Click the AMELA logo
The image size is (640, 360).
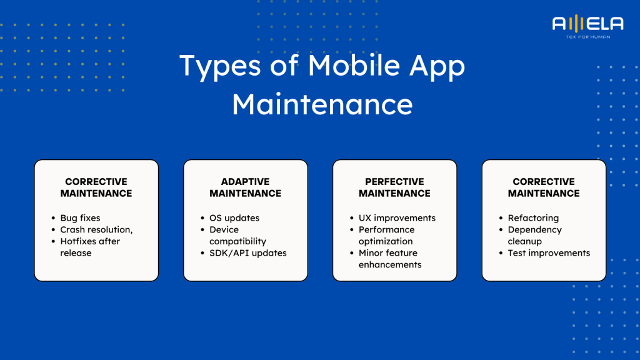point(587,26)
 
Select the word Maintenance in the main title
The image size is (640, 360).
point(322,104)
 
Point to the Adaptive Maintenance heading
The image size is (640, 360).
point(245,187)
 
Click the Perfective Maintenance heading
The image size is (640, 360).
point(394,187)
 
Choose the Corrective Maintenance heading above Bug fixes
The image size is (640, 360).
point(96,187)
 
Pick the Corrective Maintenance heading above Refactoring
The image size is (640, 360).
point(544,187)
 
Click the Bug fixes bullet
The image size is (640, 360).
point(80,218)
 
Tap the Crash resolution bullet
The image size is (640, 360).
point(96,229)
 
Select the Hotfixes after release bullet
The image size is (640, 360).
point(90,247)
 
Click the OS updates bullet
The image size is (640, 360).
point(234,218)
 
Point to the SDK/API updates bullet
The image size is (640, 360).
point(247,252)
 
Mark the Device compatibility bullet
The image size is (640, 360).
point(237,235)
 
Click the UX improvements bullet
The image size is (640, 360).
point(397,218)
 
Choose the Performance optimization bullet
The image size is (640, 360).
point(386,235)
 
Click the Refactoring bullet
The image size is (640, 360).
point(533,218)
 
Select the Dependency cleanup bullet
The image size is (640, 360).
point(534,235)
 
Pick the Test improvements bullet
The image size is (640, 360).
point(549,252)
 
